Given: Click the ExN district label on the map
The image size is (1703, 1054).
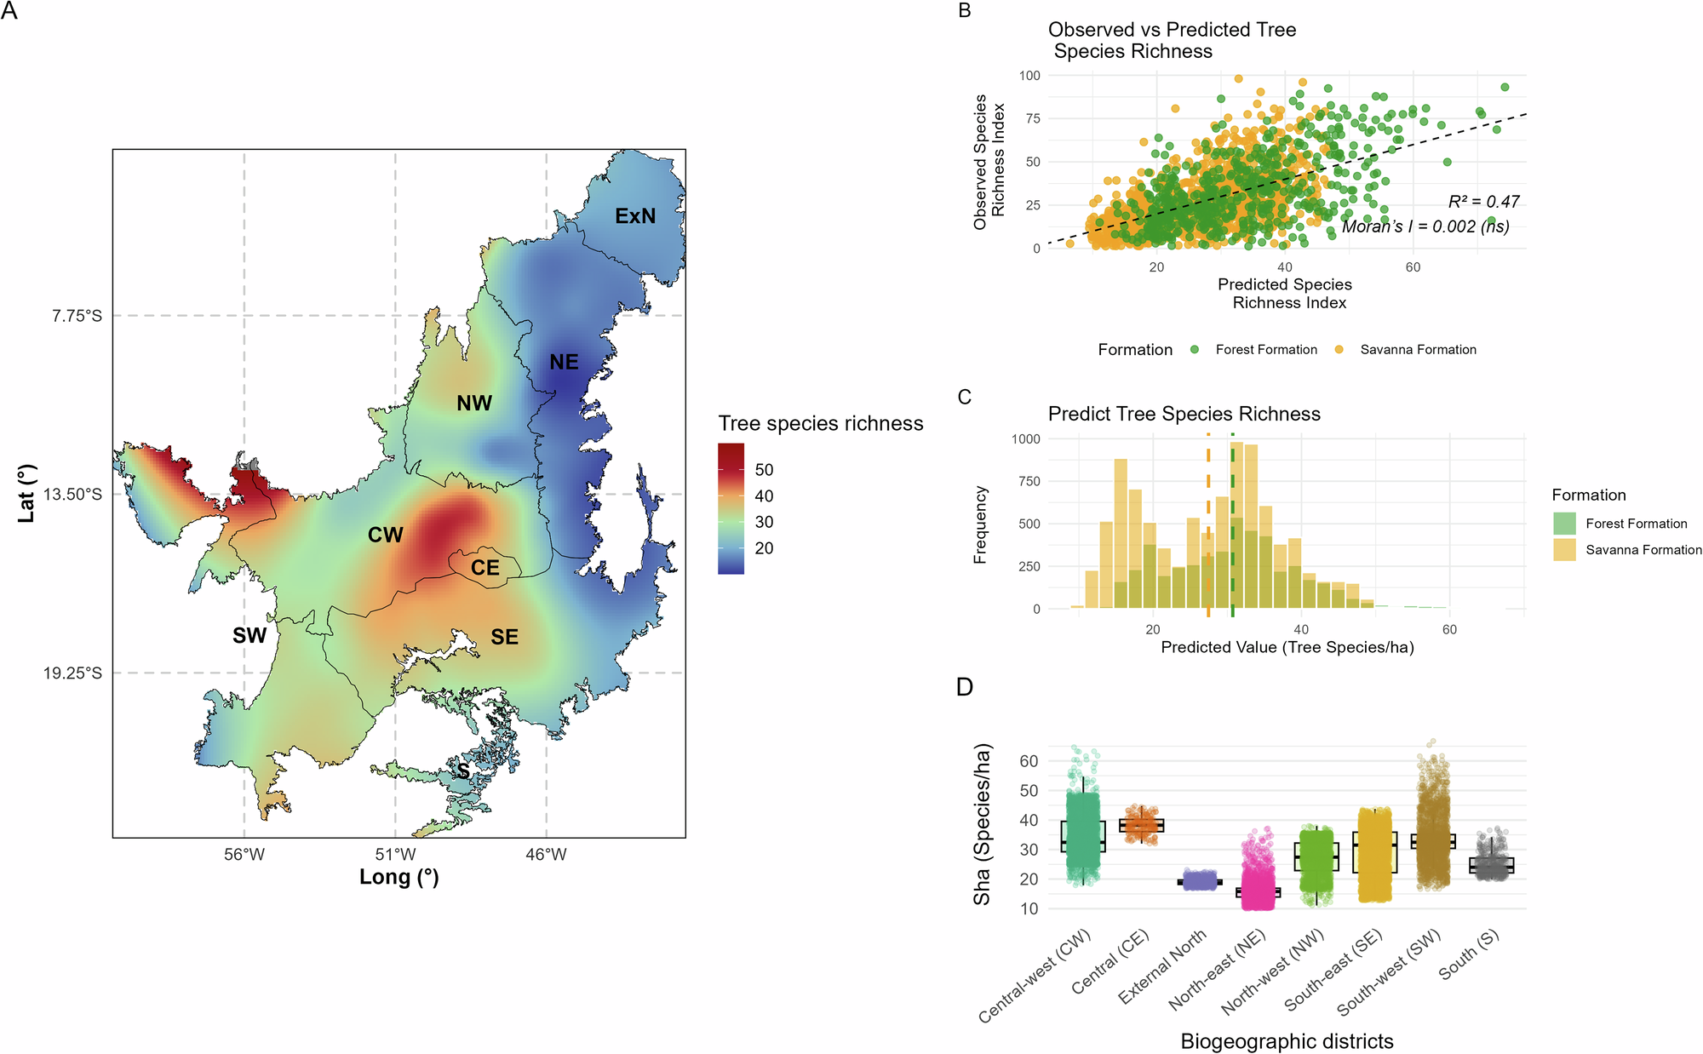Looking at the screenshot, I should coord(635,216).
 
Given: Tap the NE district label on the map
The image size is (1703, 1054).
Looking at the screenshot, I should coord(564,362).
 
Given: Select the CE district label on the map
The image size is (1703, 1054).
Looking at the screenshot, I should coord(485,568).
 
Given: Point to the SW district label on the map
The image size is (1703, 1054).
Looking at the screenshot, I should coord(249,636).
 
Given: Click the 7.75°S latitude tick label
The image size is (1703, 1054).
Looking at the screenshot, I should coord(77,316).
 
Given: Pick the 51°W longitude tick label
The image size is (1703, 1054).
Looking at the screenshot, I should coord(395,854).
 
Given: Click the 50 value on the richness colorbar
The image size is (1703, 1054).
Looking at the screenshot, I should coord(764,470).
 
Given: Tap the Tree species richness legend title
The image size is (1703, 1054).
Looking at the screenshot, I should coord(820,423).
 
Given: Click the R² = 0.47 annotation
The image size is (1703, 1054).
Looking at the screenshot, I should coord(1483,202).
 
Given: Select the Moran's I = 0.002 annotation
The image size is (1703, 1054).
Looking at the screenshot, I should coord(1425,226).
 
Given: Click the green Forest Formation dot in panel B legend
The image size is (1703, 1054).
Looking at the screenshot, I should coord(1195,350).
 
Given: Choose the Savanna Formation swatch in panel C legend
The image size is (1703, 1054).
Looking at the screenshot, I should coord(1564,550).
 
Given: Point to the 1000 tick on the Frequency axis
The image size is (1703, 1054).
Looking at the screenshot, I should coord(1025,439).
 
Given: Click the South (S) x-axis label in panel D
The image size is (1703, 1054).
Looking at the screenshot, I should coord(1469,954).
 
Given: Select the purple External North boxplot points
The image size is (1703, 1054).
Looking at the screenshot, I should coord(1199,880).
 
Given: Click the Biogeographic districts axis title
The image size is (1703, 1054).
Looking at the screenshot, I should coord(1287,1041).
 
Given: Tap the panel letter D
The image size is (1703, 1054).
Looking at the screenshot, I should coord(965,687).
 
